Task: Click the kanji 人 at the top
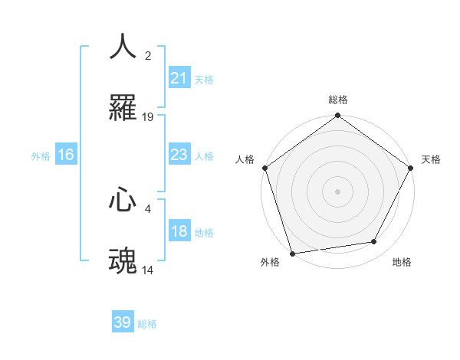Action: click(123, 46)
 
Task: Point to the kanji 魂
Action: click(123, 260)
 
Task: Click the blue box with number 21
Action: click(179, 78)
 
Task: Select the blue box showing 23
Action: click(179, 155)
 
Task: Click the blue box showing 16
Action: click(66, 155)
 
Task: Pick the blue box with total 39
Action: click(123, 322)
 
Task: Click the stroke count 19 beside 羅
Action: click(148, 117)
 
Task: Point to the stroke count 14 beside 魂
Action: click(148, 270)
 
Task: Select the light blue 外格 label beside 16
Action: click(41, 156)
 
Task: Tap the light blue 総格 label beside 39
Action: click(147, 323)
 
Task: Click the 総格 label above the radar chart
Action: click(338, 100)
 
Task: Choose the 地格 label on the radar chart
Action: click(402, 262)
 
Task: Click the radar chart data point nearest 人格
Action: click(264, 168)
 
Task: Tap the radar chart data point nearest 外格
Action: click(292, 253)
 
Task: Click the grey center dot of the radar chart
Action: click(337, 191)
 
